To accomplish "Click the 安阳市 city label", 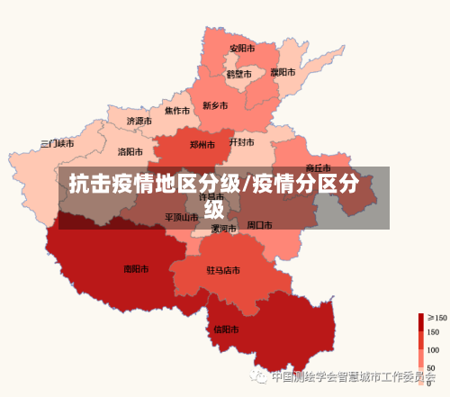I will tap(241, 48).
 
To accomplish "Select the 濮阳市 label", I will tap(283, 71).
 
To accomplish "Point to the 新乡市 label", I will tap(215, 105).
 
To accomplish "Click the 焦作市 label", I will tap(176, 111).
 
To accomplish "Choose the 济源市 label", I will tap(139, 121).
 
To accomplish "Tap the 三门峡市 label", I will tap(58, 143).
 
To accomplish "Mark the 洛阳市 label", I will tap(130, 151).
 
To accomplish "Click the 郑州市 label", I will tap(202, 144).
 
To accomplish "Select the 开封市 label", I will tap(241, 141).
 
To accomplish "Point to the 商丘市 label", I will tap(318, 167).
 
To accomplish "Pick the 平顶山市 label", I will tap(181, 217).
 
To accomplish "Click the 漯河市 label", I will tap(223, 229).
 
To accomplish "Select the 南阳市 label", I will tap(136, 268).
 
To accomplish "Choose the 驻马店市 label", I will tap(222, 270).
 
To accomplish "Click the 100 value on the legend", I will tap(433, 350).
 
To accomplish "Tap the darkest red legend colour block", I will tap(420, 321).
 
